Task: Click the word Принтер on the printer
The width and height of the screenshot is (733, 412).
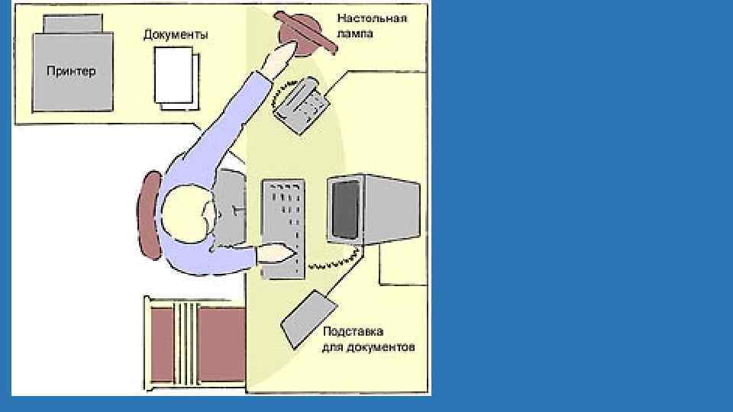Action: click(x=70, y=71)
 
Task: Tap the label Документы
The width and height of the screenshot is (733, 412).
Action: click(x=176, y=35)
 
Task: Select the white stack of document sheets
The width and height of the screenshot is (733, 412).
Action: click(x=175, y=76)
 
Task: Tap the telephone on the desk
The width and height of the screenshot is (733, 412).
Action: click(x=302, y=105)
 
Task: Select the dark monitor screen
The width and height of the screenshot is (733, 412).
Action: click(x=346, y=208)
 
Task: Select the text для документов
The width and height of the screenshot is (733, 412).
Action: click(x=369, y=347)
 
